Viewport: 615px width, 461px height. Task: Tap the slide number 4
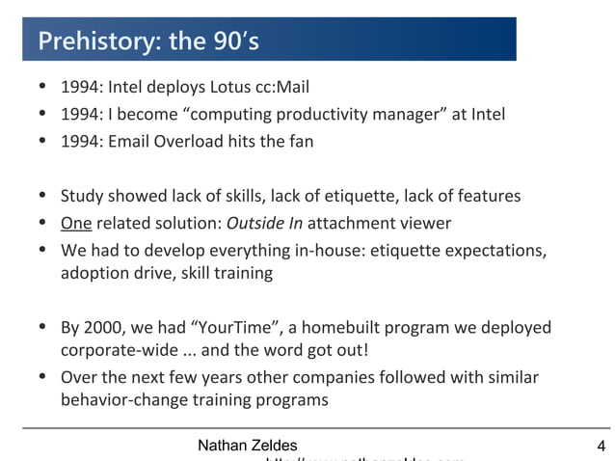click(x=602, y=446)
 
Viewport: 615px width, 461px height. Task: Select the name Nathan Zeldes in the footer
click(x=247, y=445)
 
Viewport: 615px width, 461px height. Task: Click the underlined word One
click(x=75, y=223)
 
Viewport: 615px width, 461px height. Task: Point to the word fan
click(x=299, y=141)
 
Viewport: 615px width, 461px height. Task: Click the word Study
click(x=81, y=197)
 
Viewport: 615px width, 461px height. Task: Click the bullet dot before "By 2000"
click(x=43, y=327)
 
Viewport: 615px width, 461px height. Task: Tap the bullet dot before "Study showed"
click(x=43, y=197)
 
